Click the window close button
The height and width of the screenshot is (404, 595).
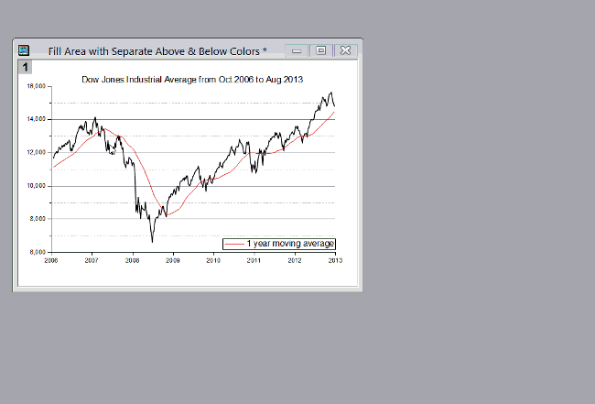click(x=346, y=50)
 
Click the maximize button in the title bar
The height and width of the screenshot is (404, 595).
click(x=321, y=50)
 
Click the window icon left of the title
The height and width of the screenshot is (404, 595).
click(x=24, y=50)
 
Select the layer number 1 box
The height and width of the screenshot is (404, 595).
click(x=25, y=67)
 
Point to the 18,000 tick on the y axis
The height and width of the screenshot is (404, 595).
click(x=38, y=86)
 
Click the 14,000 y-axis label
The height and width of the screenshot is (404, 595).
click(x=38, y=119)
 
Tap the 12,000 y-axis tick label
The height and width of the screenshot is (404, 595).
click(x=38, y=152)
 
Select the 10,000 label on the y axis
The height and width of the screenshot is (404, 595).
click(x=38, y=185)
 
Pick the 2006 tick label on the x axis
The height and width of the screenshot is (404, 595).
click(x=51, y=261)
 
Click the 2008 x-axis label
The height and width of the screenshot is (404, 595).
click(x=133, y=261)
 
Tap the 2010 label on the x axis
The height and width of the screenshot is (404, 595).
click(x=213, y=261)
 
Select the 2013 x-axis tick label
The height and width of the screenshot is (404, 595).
click(x=335, y=261)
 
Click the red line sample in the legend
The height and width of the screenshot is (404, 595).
click(x=235, y=244)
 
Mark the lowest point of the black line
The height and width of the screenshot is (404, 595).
click(x=152, y=242)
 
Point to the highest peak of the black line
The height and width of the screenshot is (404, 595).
click(x=330, y=93)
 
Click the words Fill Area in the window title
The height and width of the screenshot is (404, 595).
click(x=70, y=50)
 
